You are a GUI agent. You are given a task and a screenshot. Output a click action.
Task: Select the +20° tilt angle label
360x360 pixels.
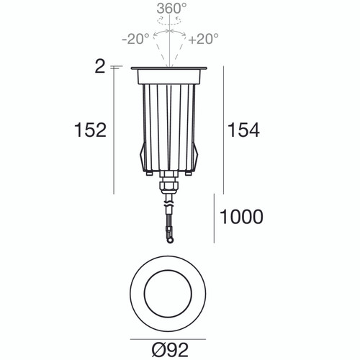[204, 38]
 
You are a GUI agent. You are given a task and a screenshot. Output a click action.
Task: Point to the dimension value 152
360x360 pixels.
[90, 130]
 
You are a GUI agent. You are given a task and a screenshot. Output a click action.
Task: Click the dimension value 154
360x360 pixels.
[243, 130]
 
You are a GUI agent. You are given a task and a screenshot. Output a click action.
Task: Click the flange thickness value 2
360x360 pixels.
[99, 67]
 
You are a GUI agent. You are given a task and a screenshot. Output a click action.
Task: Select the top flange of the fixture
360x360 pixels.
[171, 70]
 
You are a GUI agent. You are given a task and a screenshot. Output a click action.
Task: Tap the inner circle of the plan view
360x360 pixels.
[171, 297]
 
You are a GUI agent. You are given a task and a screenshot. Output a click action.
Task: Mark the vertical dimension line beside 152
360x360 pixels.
[114, 130]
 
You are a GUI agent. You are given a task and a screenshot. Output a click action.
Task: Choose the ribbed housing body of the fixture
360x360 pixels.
[171, 122]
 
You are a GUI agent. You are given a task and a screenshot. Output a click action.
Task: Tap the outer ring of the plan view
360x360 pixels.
[139, 297]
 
